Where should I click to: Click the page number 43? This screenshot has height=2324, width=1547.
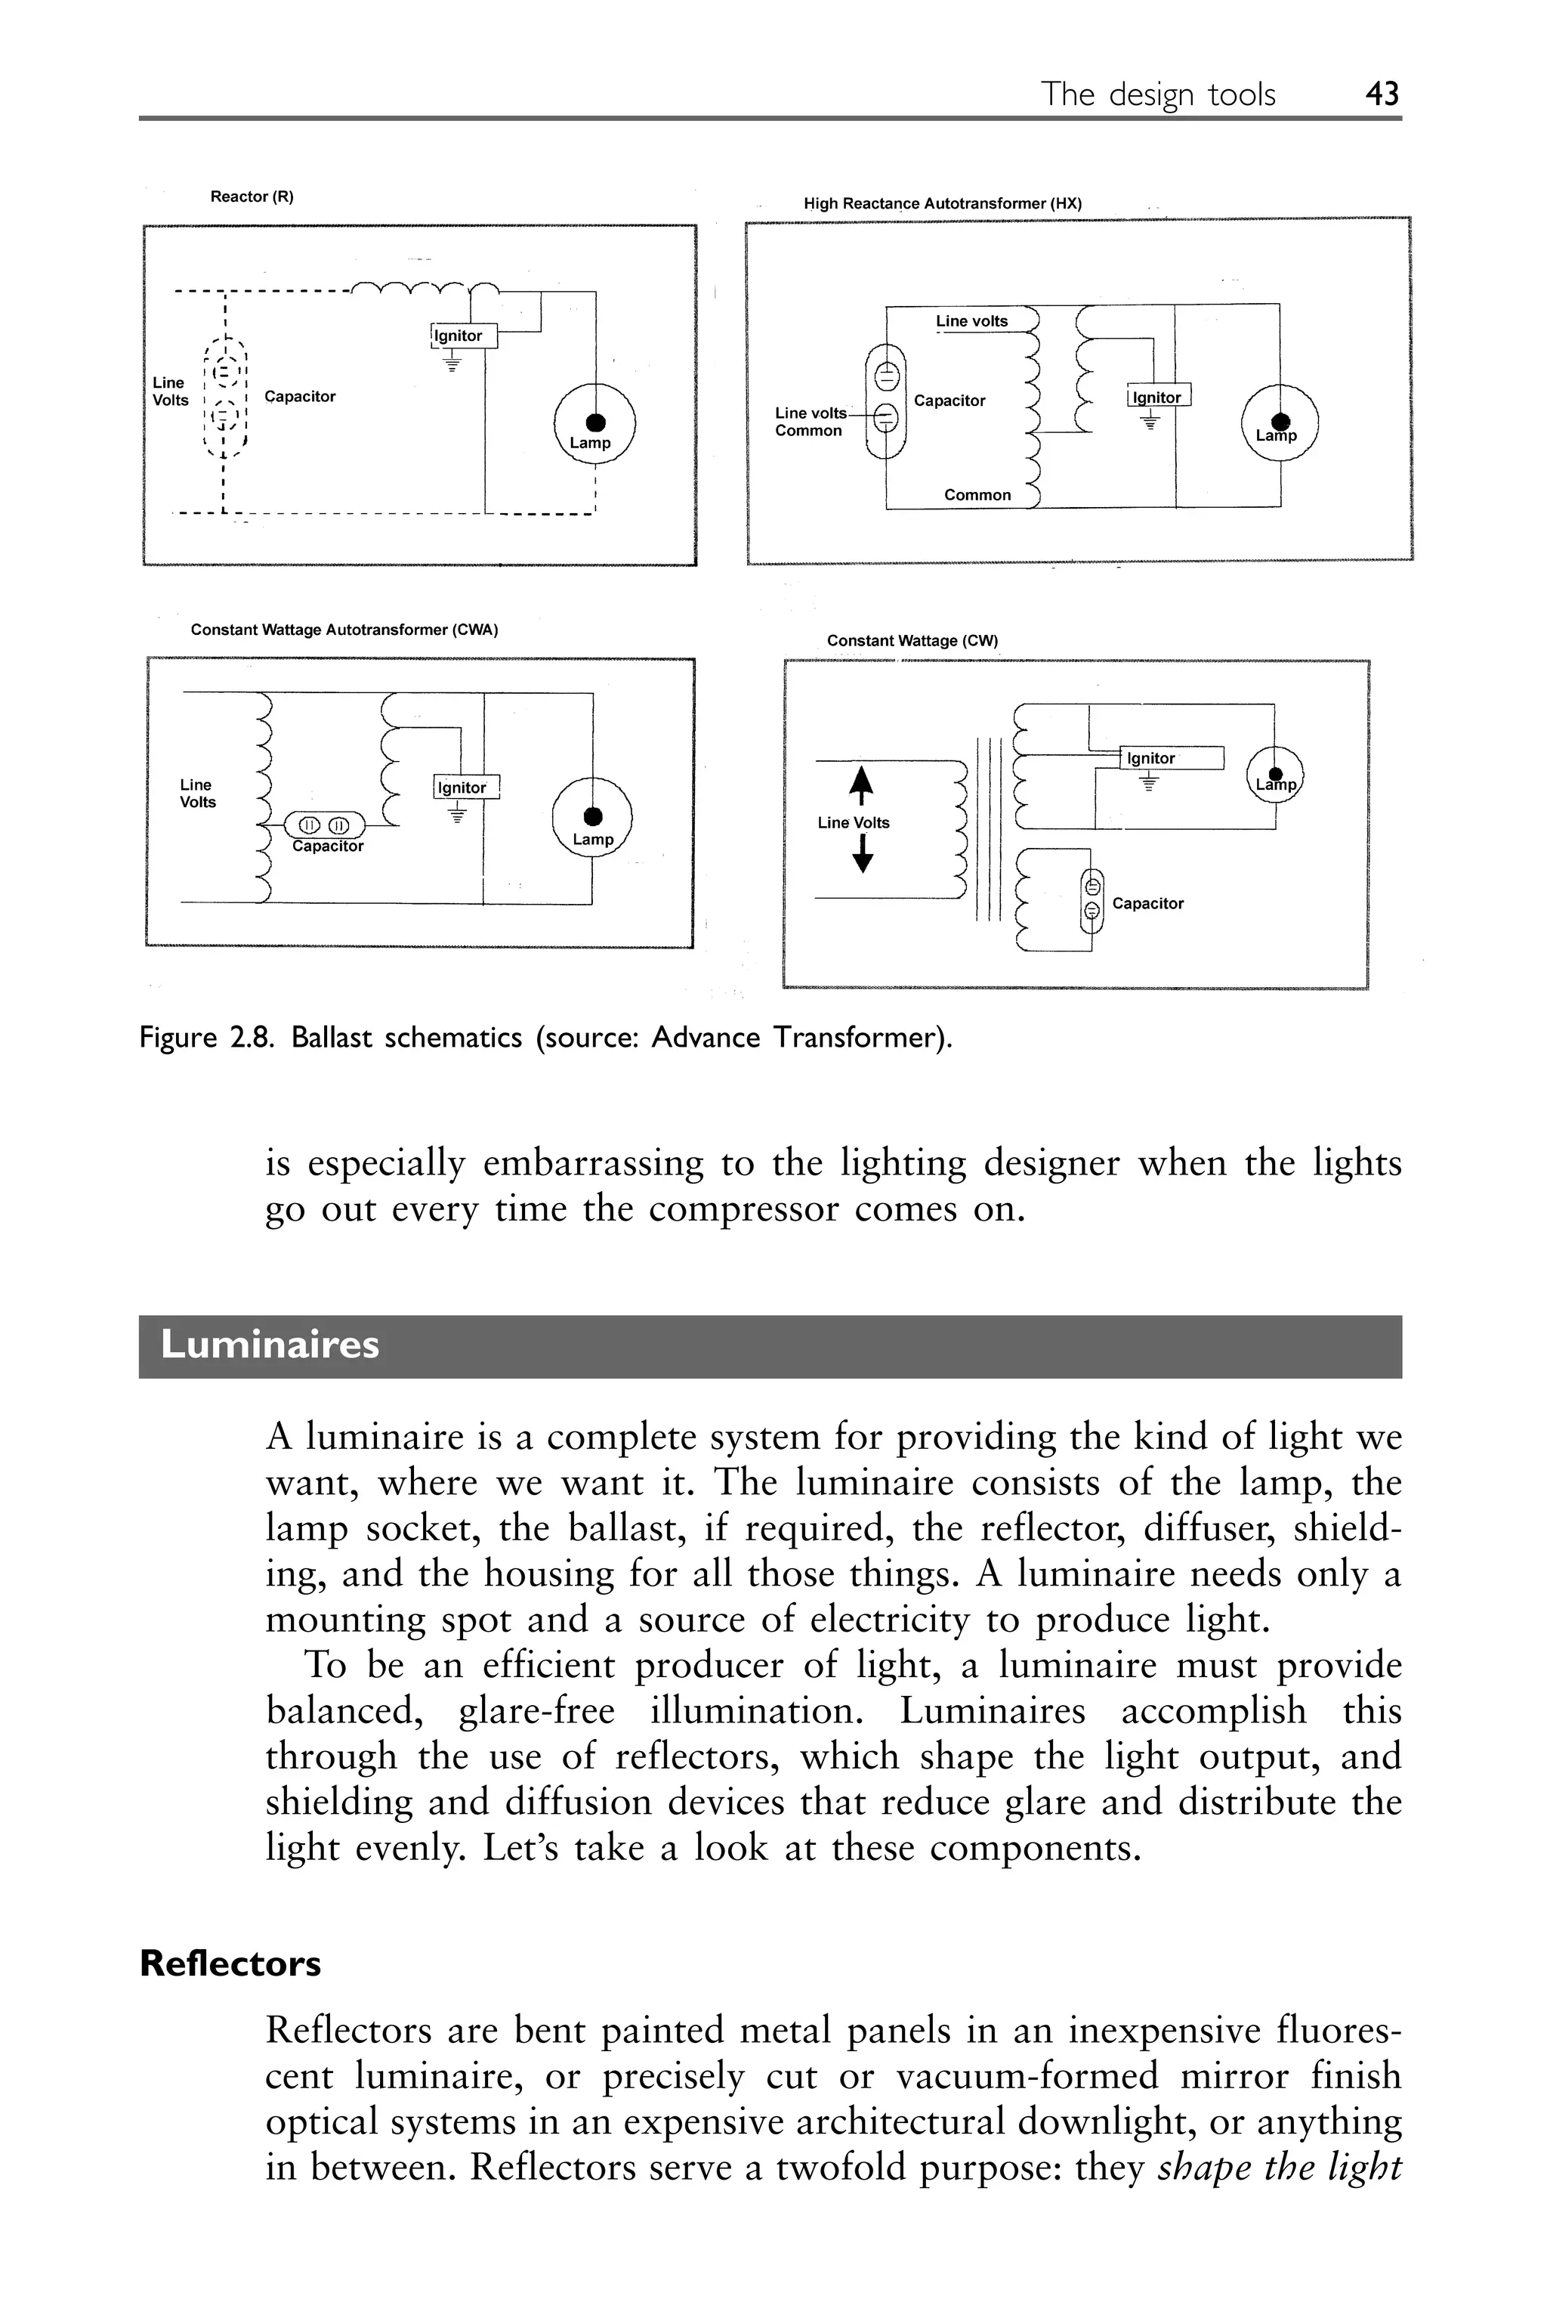point(1382,94)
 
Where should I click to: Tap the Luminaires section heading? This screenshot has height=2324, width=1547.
point(270,1345)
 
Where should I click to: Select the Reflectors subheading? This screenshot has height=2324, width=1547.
point(230,1963)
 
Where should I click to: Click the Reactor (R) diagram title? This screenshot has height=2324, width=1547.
point(252,197)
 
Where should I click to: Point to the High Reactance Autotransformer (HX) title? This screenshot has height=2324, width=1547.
point(942,203)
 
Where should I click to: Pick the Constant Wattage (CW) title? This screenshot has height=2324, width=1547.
point(912,640)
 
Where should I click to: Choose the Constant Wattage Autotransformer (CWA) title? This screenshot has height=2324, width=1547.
point(344,630)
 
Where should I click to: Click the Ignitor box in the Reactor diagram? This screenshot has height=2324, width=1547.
point(463,336)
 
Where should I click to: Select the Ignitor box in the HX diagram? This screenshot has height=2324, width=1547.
point(1158,397)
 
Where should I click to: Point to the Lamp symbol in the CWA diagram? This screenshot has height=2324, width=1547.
point(592,818)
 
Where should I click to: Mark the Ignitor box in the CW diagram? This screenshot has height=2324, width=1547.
point(1172,758)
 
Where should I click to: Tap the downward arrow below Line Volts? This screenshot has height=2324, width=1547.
point(863,856)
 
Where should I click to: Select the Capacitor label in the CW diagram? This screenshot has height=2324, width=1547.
point(1147,903)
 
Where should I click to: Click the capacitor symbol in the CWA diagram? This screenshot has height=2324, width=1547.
point(323,824)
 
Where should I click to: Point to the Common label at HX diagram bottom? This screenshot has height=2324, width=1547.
point(977,494)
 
